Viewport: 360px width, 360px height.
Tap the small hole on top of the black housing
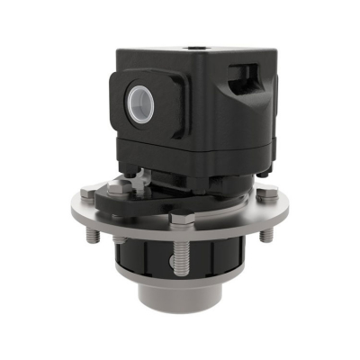click(x=193, y=41)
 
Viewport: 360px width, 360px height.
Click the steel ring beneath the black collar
click(x=180, y=280)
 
